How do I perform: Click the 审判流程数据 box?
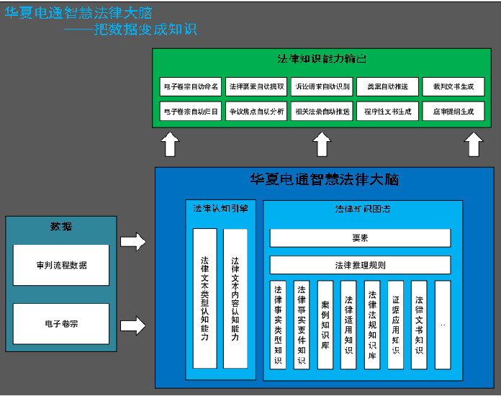[x=61, y=265]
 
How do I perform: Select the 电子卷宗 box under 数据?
[x=61, y=324]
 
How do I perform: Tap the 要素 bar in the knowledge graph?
[x=360, y=238]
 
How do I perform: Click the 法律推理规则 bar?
[x=360, y=265]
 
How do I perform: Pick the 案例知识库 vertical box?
[x=325, y=325]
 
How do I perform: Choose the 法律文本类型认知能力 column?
[x=204, y=298]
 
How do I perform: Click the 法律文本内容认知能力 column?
[x=235, y=298]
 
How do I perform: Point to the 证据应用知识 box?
[x=395, y=325]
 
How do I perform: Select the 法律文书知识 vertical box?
[x=419, y=325]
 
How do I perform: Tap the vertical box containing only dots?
[x=443, y=325]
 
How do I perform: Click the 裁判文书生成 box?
[x=453, y=87]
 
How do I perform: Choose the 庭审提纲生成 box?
[x=453, y=112]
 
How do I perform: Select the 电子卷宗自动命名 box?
[x=191, y=87]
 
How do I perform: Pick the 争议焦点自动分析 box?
[x=256, y=112]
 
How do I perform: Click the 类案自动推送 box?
[x=387, y=87]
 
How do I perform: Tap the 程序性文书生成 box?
[x=387, y=112]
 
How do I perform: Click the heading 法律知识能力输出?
[x=322, y=59]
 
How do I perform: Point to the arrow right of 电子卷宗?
[x=132, y=325]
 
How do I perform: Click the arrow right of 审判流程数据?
[x=132, y=242]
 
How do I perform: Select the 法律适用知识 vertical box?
[x=348, y=325]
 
